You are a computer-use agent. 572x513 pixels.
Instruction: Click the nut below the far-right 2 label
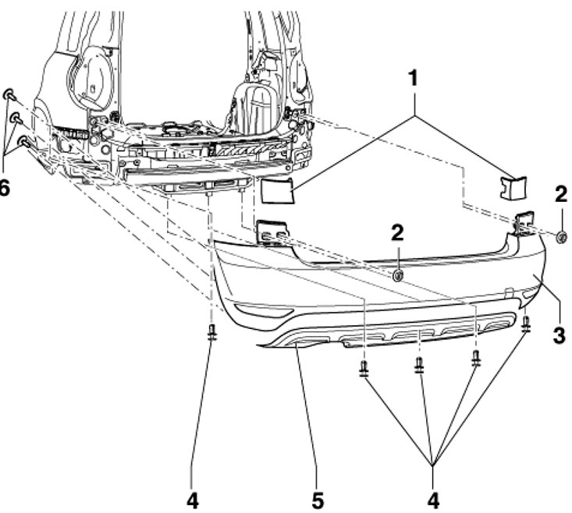[561, 235]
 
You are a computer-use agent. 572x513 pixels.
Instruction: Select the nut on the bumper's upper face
[398, 274]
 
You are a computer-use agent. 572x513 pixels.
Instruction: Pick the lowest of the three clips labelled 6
[23, 142]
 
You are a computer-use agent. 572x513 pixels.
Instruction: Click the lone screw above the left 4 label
[212, 333]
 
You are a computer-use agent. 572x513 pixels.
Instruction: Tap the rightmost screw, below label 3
[527, 322]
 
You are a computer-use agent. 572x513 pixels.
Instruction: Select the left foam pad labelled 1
[278, 189]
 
